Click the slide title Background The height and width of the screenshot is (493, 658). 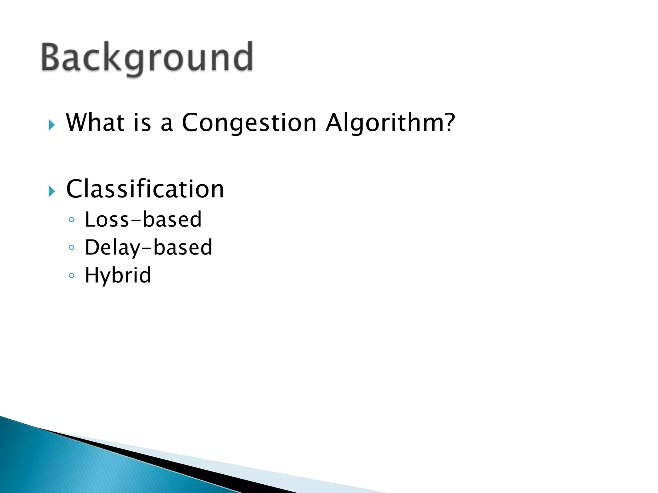[x=147, y=58]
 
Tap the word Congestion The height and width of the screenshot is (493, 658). [x=249, y=123]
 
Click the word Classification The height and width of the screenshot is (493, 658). [x=145, y=189]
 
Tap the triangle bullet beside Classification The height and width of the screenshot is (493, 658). [x=52, y=192]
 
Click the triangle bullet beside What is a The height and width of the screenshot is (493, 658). [x=52, y=125]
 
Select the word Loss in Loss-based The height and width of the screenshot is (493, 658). [x=107, y=220]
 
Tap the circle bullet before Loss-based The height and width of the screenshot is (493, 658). [x=72, y=220]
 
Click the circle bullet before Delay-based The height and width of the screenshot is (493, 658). [x=72, y=247]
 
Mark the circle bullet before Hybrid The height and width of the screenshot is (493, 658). [x=72, y=275]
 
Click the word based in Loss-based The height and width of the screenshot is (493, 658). [x=172, y=220]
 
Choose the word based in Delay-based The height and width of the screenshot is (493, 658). [x=183, y=247]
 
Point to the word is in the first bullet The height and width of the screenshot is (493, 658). [x=142, y=123]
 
